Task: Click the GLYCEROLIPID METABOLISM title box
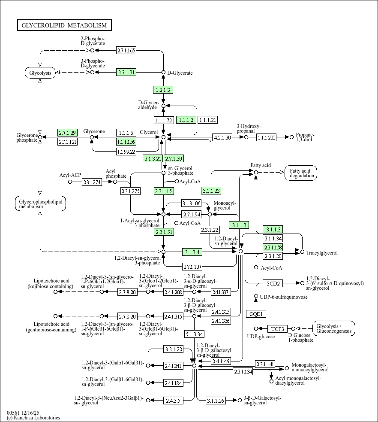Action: click(64, 25)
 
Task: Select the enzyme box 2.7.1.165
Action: click(126, 50)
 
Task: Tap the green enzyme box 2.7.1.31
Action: click(126, 73)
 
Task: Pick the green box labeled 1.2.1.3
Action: click(163, 90)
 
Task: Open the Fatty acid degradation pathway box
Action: click(300, 173)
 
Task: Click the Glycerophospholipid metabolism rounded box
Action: click(40, 204)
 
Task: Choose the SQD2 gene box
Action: click(273, 283)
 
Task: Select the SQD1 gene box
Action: click(256, 314)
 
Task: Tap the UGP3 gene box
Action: click(278, 329)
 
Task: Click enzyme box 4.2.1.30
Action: click(222, 137)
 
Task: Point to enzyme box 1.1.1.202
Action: click(266, 137)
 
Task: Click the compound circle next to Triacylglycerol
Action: click(302, 252)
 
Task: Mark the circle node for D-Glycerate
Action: click(163, 73)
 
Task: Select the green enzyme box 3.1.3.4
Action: click(192, 252)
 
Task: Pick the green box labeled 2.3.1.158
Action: click(273, 247)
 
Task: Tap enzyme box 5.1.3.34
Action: click(195, 334)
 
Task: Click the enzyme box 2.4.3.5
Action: click(173, 401)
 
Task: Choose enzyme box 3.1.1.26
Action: click(216, 401)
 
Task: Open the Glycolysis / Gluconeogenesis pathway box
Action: click(334, 328)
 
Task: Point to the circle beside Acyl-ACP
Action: click(70, 182)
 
